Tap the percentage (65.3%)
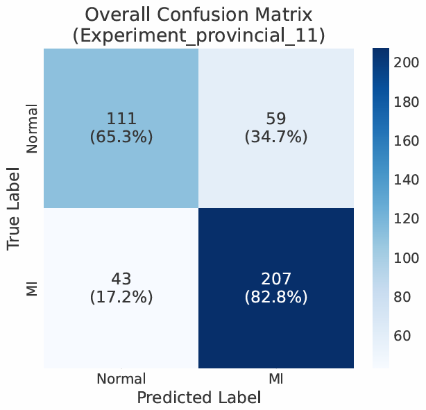coord(121,137)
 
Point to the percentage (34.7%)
coord(275,137)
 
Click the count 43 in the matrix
coord(121,279)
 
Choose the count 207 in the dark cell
coord(275,279)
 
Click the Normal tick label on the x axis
coord(121,379)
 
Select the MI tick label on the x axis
coord(275,379)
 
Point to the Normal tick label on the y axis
coord(32,129)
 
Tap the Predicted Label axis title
coord(198,398)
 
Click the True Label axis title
coord(14,208)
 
